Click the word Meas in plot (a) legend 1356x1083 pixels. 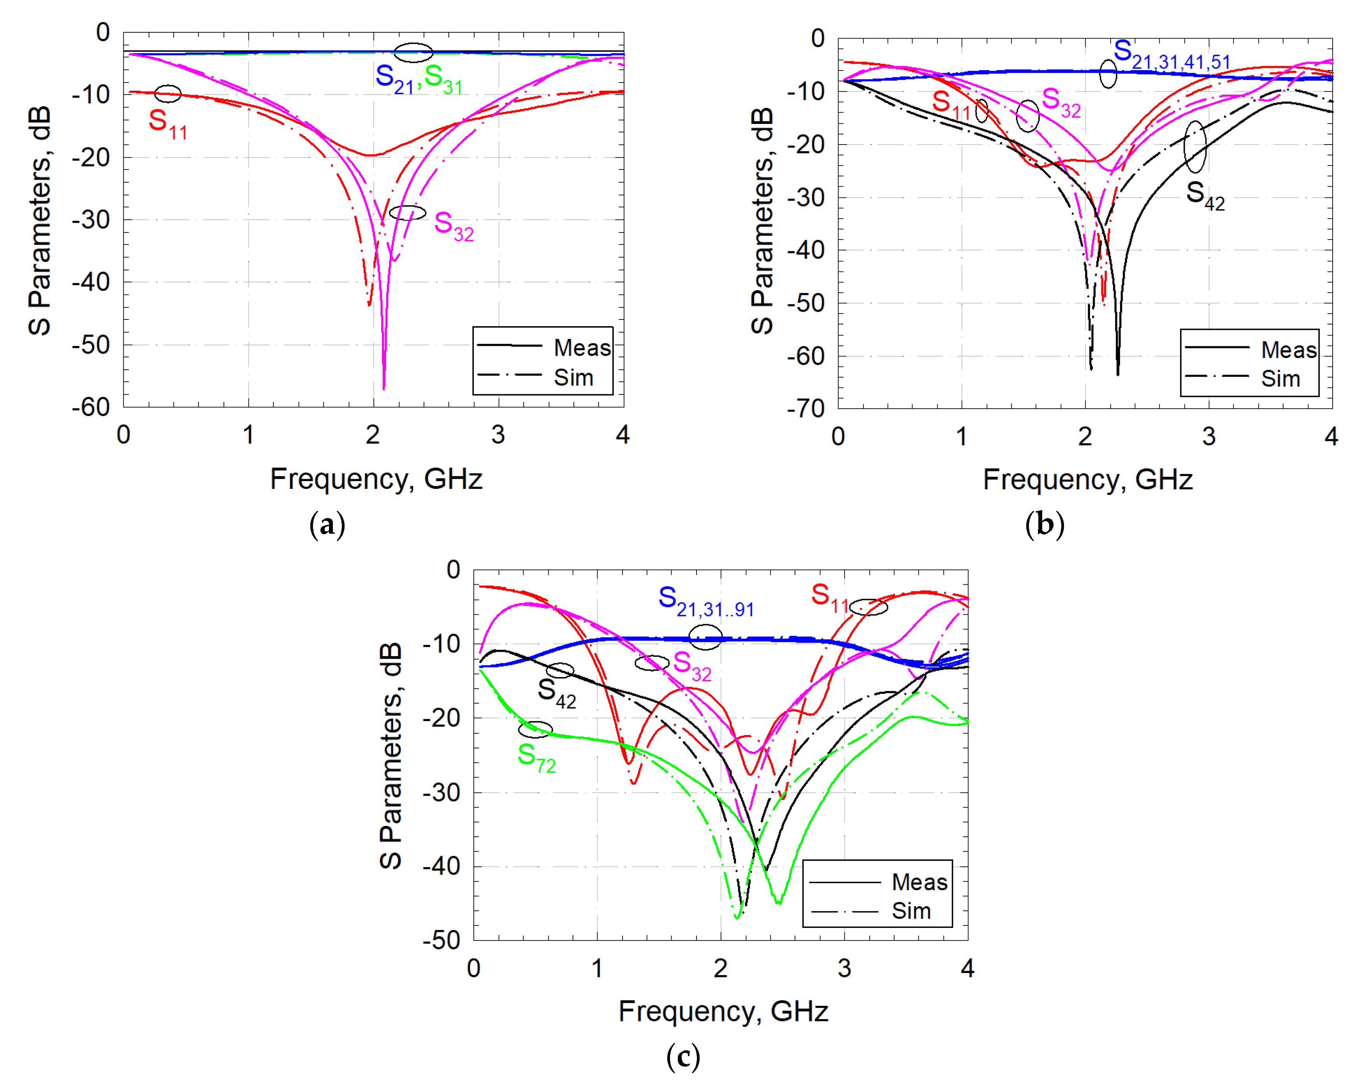[x=582, y=347]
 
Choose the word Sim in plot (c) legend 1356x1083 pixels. [x=911, y=910]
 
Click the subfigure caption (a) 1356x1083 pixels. [x=327, y=524]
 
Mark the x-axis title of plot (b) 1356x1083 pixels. [x=1087, y=480]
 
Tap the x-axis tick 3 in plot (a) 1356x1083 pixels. [x=498, y=435]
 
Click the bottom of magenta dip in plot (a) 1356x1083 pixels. [x=383, y=388]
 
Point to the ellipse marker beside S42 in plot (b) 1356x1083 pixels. [x=1194, y=146]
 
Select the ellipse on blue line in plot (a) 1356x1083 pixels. [x=413, y=53]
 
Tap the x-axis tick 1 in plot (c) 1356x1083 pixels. [x=597, y=968]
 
